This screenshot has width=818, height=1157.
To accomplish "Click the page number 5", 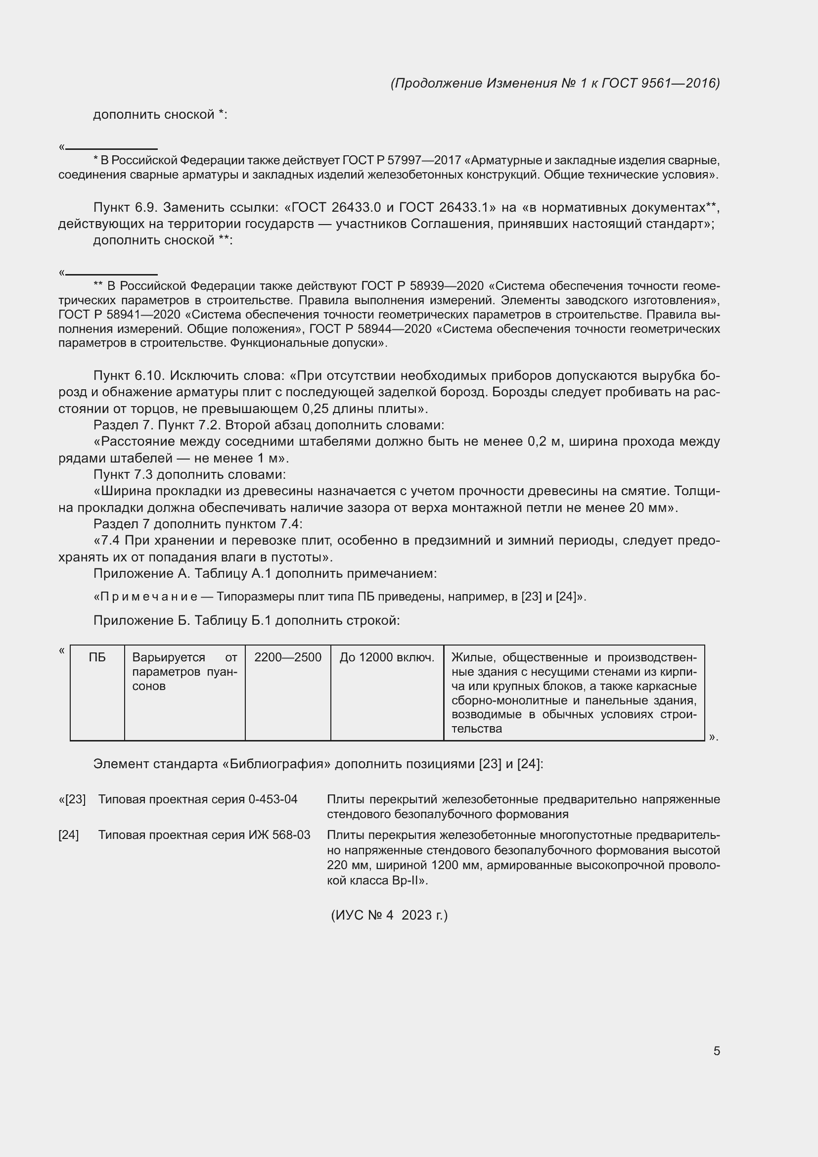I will coord(716,1051).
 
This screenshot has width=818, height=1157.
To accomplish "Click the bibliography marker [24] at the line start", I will coord(69,835).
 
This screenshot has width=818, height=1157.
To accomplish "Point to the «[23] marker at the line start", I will coord(72,799).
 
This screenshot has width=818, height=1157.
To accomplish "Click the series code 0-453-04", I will coord(273,799).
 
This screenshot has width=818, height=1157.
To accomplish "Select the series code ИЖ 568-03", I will coord(279,835).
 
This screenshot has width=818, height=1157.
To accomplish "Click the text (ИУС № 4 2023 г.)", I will coord(389,915).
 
